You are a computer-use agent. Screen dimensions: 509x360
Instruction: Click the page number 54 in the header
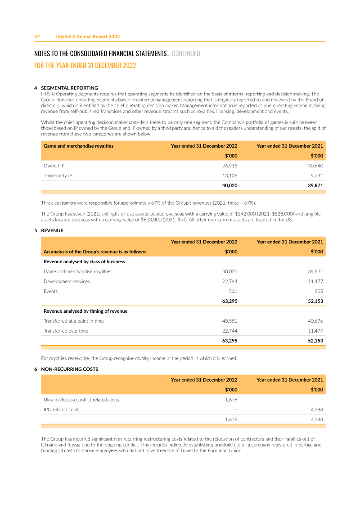click(x=37, y=36)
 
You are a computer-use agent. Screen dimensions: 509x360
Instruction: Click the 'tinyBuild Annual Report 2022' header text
click(x=88, y=36)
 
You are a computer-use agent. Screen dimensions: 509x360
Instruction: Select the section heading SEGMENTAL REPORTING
click(x=69, y=88)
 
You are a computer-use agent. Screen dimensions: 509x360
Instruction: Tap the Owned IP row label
click(x=54, y=166)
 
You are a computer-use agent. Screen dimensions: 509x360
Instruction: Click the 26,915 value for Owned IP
click(x=230, y=166)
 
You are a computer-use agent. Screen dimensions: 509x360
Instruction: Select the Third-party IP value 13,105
click(x=230, y=176)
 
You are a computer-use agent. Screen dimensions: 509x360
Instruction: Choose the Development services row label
click(x=67, y=281)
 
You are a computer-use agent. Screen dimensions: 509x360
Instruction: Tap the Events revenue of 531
click(x=233, y=291)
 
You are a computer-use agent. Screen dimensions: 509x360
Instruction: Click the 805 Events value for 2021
click(x=319, y=291)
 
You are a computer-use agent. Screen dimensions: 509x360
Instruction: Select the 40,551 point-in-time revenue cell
click(x=230, y=321)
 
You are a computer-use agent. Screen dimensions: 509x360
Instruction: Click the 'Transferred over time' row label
click(x=66, y=331)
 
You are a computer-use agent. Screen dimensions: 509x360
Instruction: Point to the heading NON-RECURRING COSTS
click(x=69, y=369)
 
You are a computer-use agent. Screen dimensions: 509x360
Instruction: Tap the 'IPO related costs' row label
click(x=61, y=410)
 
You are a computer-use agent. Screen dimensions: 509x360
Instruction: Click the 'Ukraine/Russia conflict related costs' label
click(x=81, y=400)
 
